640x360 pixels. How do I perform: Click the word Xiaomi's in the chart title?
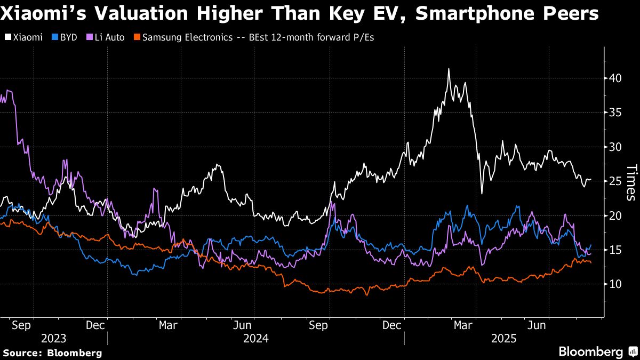click(43, 13)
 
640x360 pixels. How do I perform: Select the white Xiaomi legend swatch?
click(8, 37)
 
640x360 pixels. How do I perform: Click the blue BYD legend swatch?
click(55, 37)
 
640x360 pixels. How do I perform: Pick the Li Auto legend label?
click(110, 37)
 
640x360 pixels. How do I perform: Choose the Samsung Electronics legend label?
click(187, 37)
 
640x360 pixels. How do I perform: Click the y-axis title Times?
click(631, 182)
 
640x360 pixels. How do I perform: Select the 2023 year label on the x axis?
click(54, 339)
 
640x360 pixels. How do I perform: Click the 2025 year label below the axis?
click(503, 339)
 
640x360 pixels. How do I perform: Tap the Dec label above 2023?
click(95, 325)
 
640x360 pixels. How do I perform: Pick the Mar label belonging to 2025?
click(463, 325)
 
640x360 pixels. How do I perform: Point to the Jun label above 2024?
click(242, 325)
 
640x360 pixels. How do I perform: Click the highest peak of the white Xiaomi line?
click(449, 69)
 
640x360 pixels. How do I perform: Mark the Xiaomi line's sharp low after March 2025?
click(482, 194)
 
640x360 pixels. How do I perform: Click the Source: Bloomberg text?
click(52, 353)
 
